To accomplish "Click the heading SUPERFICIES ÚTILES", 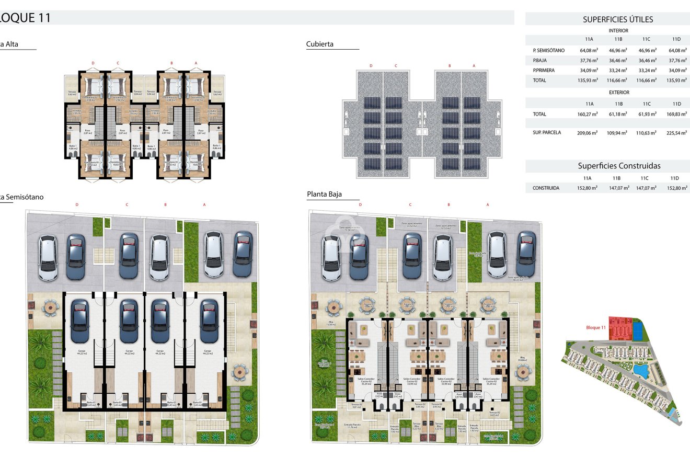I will tap(618, 19).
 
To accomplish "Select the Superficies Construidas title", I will tap(619, 166).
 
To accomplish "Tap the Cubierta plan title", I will tap(320, 44).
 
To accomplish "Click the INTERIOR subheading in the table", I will tap(618, 31).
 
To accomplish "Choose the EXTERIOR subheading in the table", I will tap(619, 93).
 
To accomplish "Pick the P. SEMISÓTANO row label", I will tap(548, 51).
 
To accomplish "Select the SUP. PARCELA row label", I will tap(547, 133).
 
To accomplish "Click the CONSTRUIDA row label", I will tap(546, 188).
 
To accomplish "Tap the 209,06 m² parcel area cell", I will tap(589, 133).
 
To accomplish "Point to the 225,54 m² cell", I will tap(677, 133).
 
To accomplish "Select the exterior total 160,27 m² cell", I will tap(589, 114).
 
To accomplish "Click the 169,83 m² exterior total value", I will tap(677, 114).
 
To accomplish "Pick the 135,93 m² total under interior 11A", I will tap(589, 81).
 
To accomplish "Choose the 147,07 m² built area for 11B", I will tap(618, 188).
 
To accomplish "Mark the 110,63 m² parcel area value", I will tap(647, 133).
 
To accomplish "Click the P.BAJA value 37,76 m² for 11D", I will tap(677, 61).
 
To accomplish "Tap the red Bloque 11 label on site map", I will tap(595, 328).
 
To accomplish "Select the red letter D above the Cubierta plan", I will tap(371, 66).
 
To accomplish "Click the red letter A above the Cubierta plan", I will tap(474, 66).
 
